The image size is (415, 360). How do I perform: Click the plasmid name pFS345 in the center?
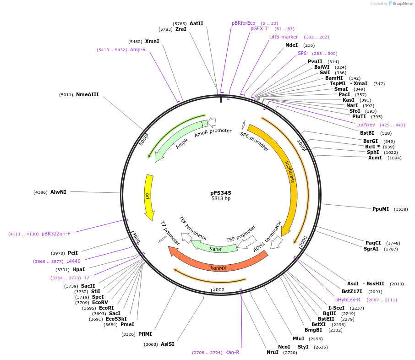point(221,193)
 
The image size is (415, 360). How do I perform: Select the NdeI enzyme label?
point(291,45)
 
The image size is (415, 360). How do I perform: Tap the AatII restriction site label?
point(196,23)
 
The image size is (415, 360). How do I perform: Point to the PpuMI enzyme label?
point(380,209)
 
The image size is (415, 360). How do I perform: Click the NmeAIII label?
point(87,95)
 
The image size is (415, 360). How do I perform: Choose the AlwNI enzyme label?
point(58,192)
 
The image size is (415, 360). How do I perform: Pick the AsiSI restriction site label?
point(167,344)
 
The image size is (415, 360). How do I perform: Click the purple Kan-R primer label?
point(232,352)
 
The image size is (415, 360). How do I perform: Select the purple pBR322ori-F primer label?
point(56,234)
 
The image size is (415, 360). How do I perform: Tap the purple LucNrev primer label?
point(366,125)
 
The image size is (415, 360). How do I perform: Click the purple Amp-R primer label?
point(137,49)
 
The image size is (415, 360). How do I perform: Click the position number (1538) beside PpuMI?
point(401,209)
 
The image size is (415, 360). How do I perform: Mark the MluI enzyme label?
point(298,338)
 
